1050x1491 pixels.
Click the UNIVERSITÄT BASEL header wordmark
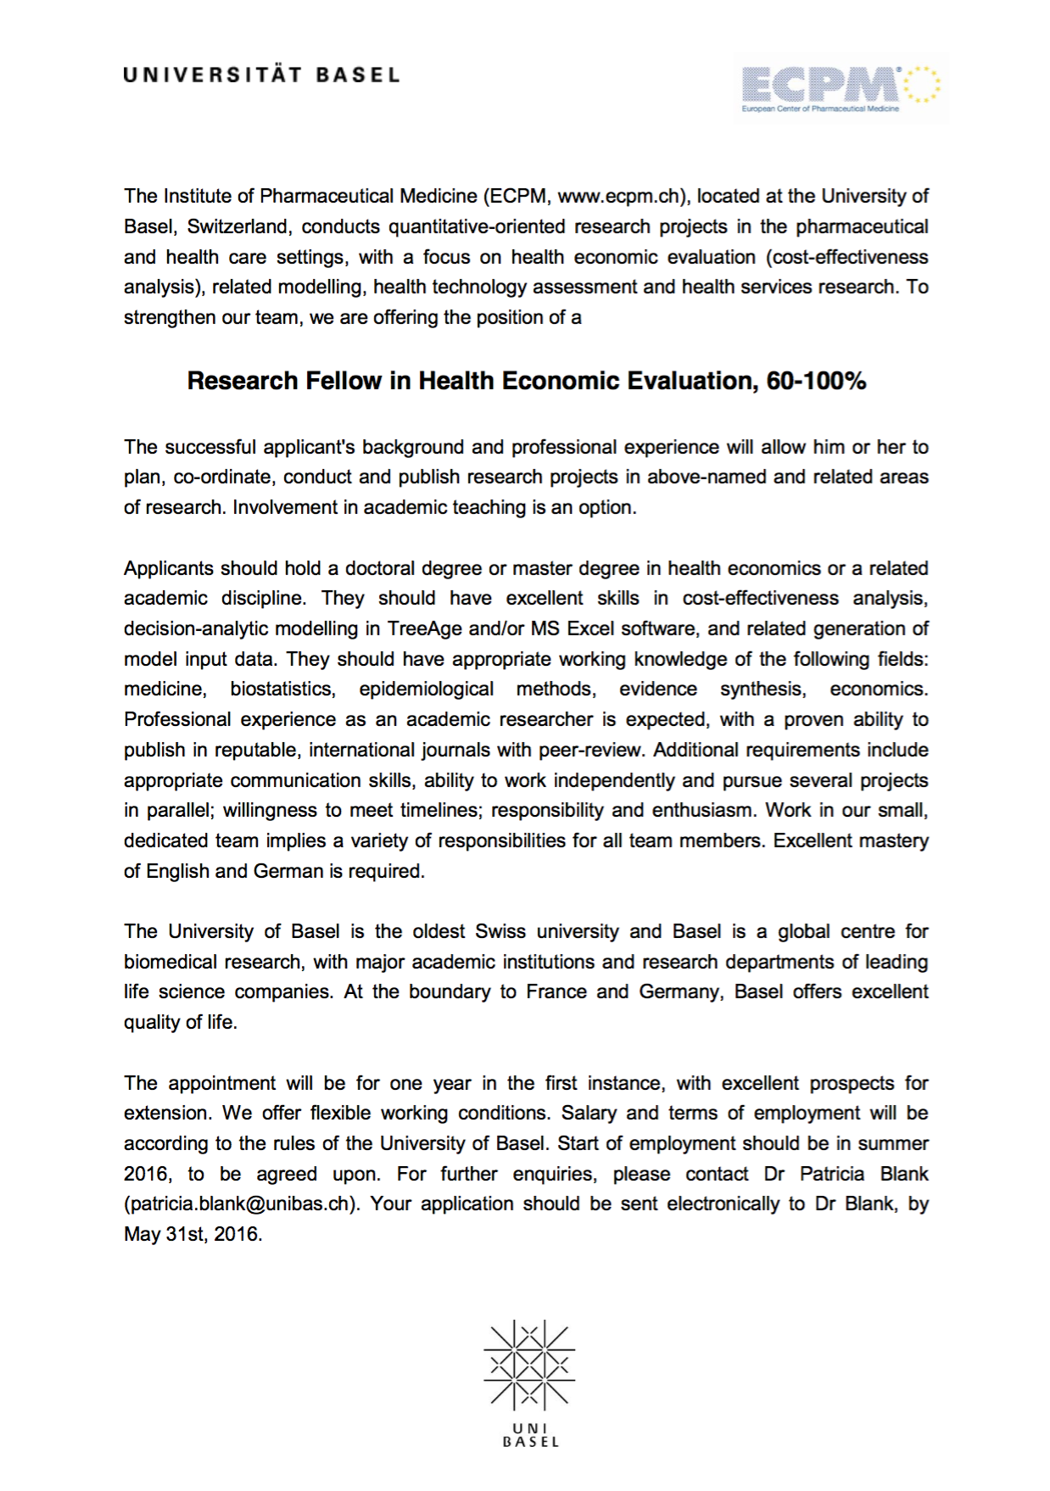pyautogui.click(x=261, y=75)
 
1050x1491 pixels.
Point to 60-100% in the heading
pyautogui.click(x=816, y=381)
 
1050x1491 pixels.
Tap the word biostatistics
pyautogui.click(x=282, y=690)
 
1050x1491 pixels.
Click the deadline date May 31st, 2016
pyautogui.click(x=193, y=1235)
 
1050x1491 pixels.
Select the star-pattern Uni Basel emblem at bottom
pyautogui.click(x=529, y=1365)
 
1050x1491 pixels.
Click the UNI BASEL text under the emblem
pyautogui.click(x=531, y=1435)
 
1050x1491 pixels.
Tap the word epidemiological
pyautogui.click(x=426, y=690)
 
